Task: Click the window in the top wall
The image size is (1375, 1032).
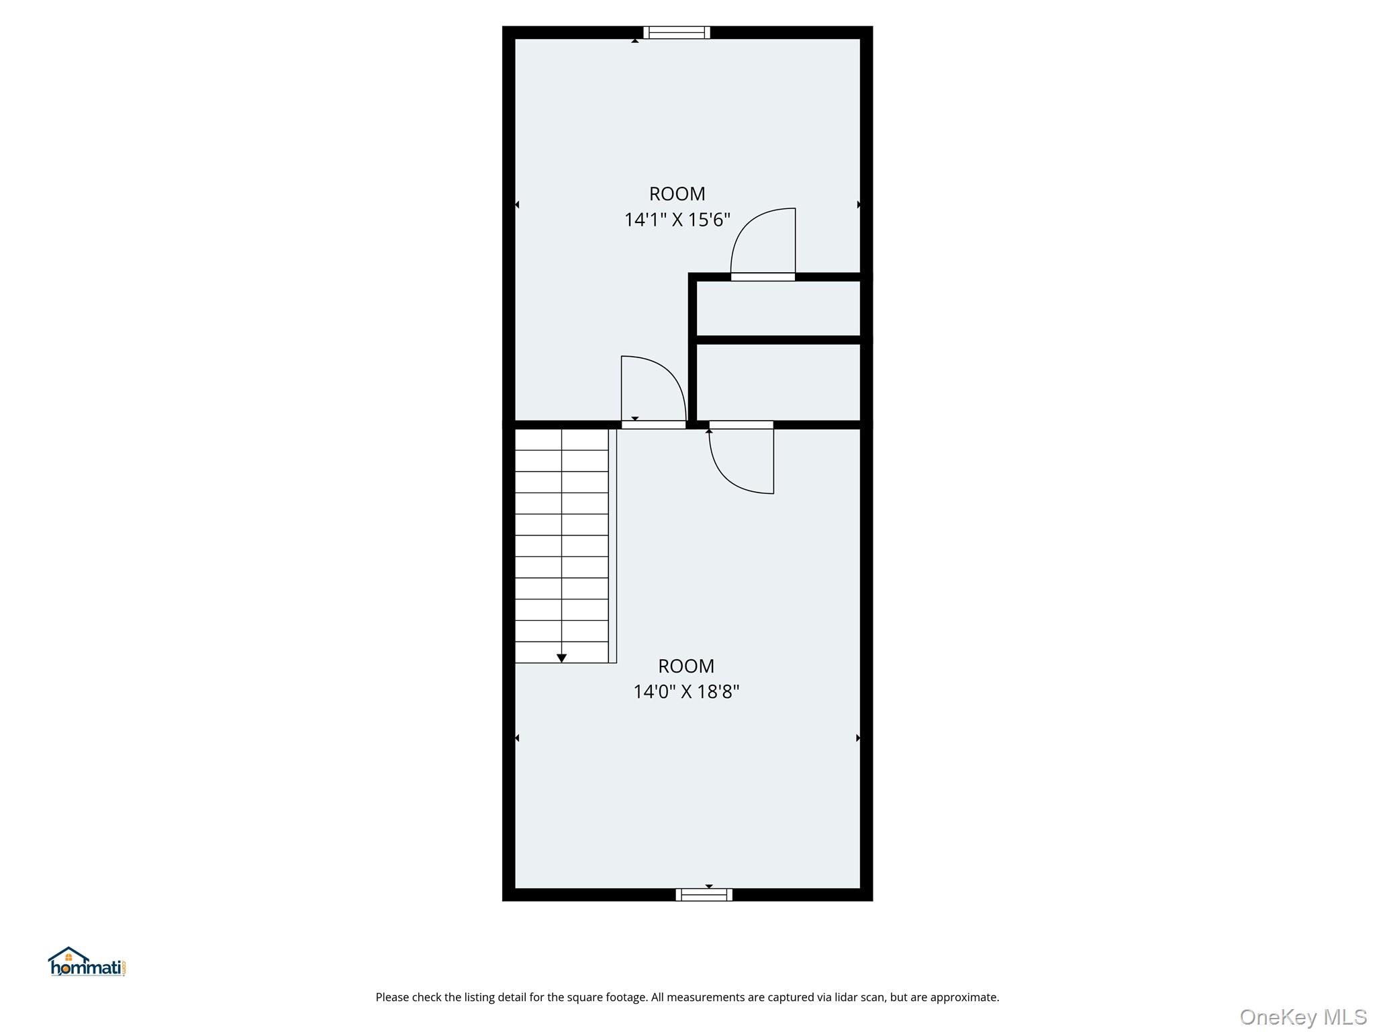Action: click(676, 32)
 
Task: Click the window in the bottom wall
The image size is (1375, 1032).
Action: click(704, 894)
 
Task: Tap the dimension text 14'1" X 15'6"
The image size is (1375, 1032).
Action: click(677, 220)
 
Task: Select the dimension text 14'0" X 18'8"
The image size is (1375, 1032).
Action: click(686, 691)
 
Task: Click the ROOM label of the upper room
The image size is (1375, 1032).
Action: click(677, 193)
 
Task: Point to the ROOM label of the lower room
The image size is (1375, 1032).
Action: click(686, 666)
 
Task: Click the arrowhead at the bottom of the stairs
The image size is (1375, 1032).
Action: click(561, 658)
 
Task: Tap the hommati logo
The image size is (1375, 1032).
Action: click(87, 962)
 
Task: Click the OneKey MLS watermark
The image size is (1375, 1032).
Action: click(1302, 1017)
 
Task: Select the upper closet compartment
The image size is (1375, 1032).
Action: click(778, 308)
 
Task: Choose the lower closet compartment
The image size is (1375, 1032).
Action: click(778, 382)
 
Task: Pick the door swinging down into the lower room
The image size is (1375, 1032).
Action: click(732, 470)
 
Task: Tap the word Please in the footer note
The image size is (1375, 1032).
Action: click(391, 998)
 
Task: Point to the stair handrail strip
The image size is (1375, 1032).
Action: click(612, 546)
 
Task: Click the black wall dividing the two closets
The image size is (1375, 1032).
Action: click(779, 340)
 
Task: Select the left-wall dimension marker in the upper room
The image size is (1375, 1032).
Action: click(516, 204)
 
